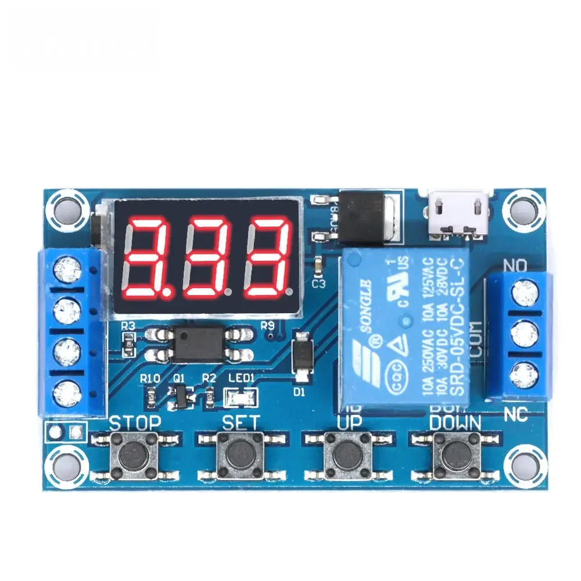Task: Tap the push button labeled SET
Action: point(239,454)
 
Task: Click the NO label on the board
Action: point(515,266)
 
